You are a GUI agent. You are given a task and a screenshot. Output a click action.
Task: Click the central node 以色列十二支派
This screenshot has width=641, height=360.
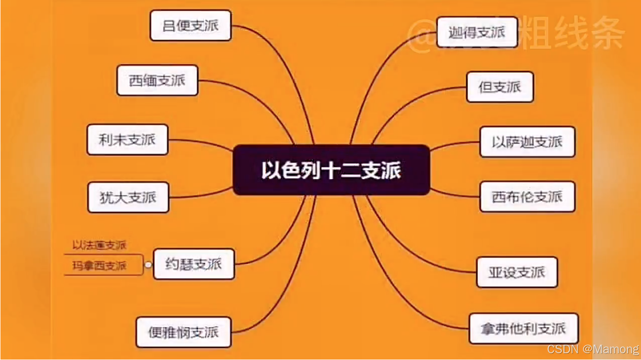pos(331,170)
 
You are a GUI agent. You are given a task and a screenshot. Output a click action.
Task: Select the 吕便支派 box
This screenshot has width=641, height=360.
pos(191,25)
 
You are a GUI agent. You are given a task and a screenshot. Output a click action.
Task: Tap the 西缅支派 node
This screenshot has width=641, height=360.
pos(157,80)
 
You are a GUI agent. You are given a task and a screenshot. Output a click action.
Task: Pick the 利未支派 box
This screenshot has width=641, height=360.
pos(127,139)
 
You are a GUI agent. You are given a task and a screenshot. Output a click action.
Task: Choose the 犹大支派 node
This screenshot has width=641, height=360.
pos(128,197)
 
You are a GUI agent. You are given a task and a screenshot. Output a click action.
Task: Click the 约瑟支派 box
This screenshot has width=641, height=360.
pos(194,264)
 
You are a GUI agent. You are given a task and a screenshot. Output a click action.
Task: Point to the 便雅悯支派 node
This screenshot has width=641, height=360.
pos(183,332)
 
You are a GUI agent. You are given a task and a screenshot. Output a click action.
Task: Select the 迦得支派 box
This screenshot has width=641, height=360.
pos(477,32)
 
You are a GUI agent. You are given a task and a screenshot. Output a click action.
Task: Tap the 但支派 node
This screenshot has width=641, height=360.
pos(500,87)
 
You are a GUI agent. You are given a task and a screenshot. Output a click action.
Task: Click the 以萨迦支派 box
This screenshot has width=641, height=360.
pos(527,142)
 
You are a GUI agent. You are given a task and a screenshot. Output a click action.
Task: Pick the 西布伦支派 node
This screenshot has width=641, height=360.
pos(527,196)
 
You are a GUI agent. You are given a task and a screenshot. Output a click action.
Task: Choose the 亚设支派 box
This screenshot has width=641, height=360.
pos(517,272)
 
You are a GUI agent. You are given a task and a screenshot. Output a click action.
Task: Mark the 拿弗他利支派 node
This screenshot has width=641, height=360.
pos(524,328)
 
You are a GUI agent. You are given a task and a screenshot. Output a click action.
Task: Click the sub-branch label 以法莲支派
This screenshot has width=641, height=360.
pos(100,246)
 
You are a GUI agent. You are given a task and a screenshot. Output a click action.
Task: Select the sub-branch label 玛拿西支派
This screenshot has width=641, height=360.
pos(100,265)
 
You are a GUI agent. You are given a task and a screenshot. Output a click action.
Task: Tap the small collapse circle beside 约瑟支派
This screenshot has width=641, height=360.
pos(149,264)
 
